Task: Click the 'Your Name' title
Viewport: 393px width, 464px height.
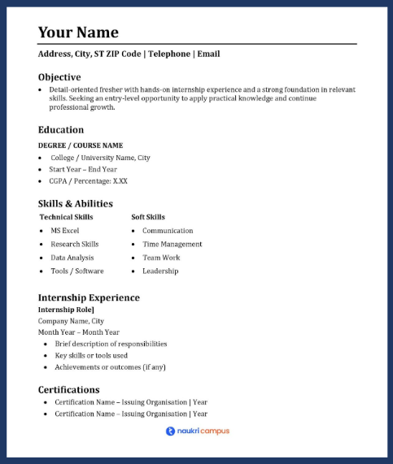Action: coord(78,33)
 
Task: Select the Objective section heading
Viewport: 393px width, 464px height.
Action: coord(59,76)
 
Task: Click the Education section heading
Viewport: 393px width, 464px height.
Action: coord(61,129)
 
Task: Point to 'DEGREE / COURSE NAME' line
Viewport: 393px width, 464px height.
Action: coord(81,145)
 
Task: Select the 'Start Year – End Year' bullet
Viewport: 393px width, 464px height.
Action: coord(83,169)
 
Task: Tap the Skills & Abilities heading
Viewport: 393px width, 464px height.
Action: coord(76,203)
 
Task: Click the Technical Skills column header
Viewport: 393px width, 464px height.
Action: coord(66,217)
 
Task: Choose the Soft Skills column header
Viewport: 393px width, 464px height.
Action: coord(148,217)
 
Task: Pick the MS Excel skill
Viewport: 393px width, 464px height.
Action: coord(65,231)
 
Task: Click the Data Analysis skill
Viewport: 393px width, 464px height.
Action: coord(72,258)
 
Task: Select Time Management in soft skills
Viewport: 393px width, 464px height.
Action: coord(172,244)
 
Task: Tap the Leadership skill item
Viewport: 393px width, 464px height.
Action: coord(160,271)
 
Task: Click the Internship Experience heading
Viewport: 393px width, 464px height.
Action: coord(89,297)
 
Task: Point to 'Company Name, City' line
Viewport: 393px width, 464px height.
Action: coord(71,321)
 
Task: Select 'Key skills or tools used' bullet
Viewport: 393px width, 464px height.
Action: coord(91,355)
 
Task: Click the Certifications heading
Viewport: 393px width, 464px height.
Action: coord(69,389)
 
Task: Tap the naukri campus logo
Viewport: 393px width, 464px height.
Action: coord(197,431)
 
